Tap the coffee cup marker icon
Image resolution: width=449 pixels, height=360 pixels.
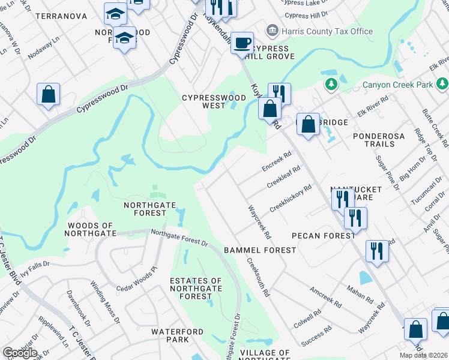coord(243,43)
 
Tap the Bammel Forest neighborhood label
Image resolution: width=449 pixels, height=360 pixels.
coord(260,250)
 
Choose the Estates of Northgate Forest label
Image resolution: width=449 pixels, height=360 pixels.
coord(195,289)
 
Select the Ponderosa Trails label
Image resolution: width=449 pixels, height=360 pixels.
coord(384,136)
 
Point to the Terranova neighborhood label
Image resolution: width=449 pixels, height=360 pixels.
coord(61,16)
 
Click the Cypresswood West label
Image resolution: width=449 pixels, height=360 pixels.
coord(214,101)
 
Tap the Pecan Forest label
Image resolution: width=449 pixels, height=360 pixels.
coord(323,236)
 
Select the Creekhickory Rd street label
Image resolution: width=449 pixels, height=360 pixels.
coord(291,198)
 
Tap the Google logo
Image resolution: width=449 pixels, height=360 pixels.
coord(20,353)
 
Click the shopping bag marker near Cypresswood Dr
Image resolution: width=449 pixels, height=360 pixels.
coord(48,95)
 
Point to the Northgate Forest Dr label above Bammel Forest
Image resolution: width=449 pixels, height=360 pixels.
coord(179,238)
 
